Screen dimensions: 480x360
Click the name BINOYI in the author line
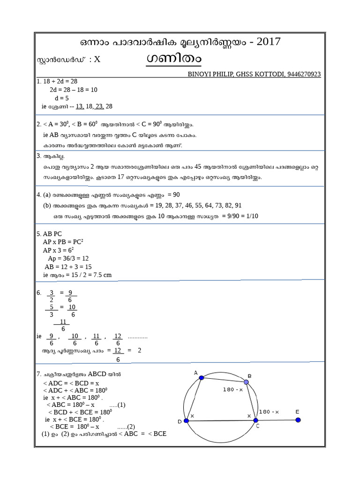tap(200, 74)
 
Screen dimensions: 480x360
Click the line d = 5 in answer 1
tap(62, 98)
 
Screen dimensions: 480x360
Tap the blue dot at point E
tap(298, 420)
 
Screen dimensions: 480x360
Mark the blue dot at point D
tap(186, 421)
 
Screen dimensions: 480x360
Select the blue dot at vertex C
tap(256, 420)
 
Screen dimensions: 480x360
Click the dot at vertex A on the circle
tap(202, 378)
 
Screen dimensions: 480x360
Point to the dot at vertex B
tap(246, 382)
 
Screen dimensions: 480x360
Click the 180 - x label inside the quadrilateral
tap(233, 390)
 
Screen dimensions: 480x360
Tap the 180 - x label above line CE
tap(269, 412)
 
